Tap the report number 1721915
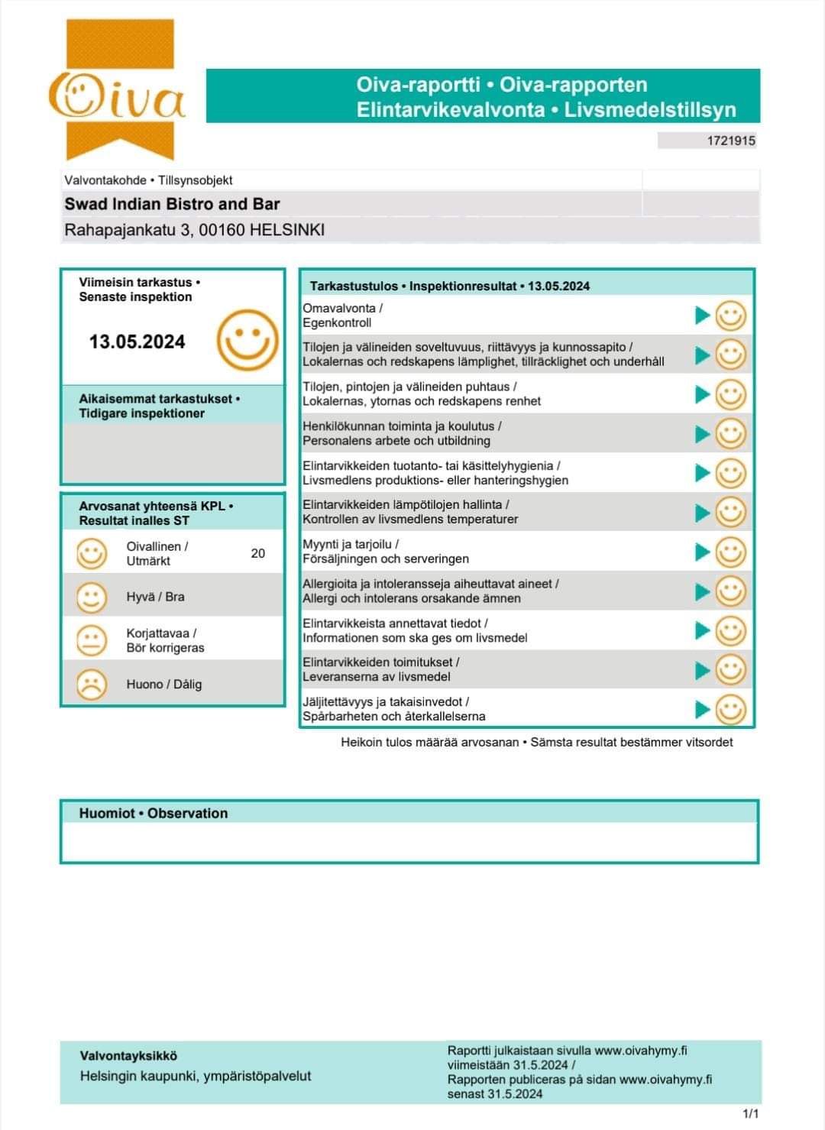(731, 141)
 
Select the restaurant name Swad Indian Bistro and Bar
(172, 204)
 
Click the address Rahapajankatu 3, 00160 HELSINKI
(194, 230)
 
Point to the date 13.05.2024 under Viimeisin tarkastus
(137, 342)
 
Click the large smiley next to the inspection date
(247, 340)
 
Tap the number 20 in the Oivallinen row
(258, 553)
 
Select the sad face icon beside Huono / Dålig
(92, 684)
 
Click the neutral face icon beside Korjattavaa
(92, 640)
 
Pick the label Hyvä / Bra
(155, 597)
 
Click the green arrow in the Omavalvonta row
(703, 315)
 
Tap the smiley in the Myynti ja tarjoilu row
(730, 552)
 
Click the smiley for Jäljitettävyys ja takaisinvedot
(730, 709)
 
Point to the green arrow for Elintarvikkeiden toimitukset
(703, 670)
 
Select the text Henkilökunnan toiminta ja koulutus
(402, 426)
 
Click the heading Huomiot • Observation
(154, 813)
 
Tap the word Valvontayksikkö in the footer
(128, 1056)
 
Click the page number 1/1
(751, 1114)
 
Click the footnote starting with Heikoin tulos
(536, 742)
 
